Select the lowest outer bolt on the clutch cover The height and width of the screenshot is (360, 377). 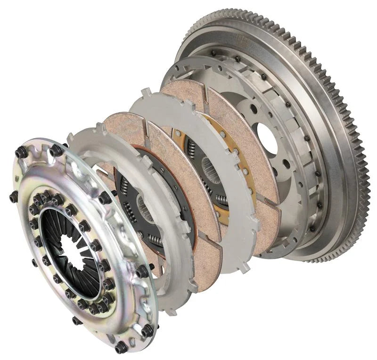[121, 348]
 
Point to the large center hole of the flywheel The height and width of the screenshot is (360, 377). [268, 139]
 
